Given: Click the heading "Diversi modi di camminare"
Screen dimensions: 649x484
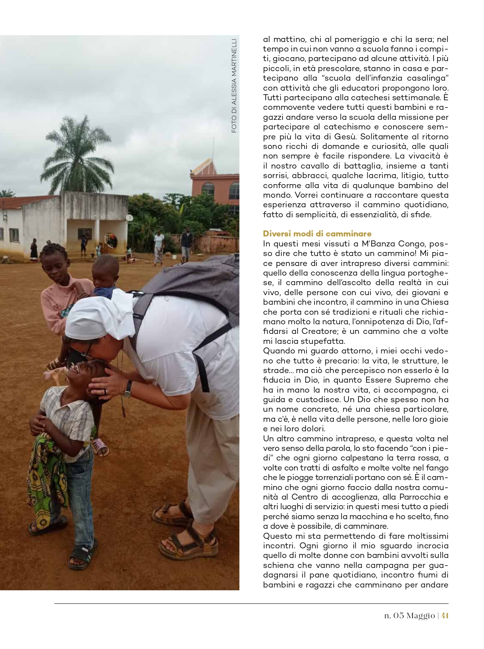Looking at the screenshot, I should coord(317,234).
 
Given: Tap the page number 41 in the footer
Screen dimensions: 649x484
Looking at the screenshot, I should coord(444,615).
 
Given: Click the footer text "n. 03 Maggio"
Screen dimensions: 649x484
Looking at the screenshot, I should coord(409,615).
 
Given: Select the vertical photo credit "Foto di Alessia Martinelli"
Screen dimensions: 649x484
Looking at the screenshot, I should coord(234,85).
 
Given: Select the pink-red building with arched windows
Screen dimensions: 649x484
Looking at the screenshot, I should coord(216,184).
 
